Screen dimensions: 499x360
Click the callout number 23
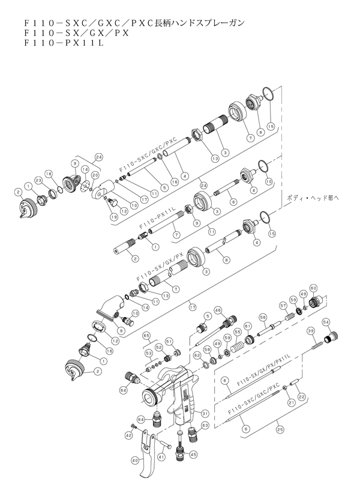tap(37, 180)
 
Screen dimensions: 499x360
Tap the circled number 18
tap(51, 173)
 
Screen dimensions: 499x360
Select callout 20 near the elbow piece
tap(95, 175)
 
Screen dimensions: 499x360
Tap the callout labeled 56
tap(262, 317)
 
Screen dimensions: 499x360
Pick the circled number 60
tap(313, 287)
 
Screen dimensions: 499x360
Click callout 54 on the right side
tap(326, 322)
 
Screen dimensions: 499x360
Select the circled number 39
tap(311, 331)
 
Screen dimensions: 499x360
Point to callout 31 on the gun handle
tap(205, 413)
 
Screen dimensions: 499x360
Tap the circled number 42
tap(128, 434)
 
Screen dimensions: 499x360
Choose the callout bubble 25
tap(279, 429)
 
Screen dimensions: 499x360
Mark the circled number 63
tap(205, 425)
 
